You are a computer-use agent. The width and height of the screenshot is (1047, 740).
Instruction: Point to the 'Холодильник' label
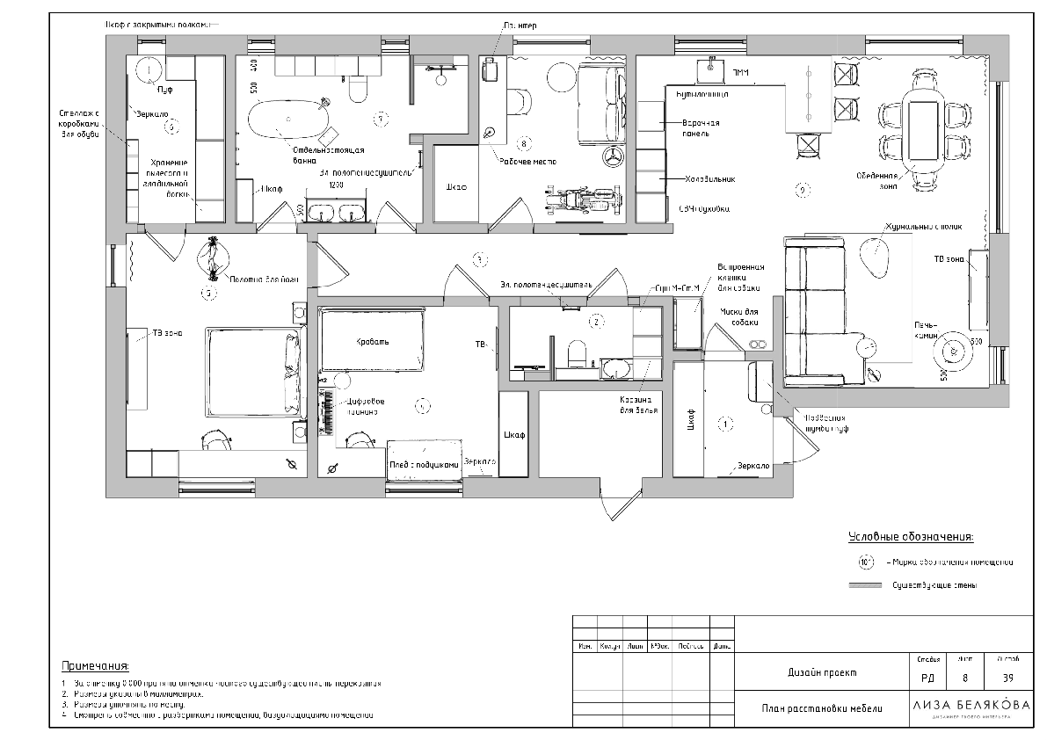[x=711, y=178]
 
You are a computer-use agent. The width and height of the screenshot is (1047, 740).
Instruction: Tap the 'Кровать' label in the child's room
[x=373, y=342]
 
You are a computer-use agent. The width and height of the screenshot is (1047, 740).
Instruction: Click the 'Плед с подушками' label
[x=425, y=466]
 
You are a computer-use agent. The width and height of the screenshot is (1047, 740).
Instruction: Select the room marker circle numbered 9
[x=801, y=188]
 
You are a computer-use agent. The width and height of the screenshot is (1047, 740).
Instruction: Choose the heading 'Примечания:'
[x=95, y=665]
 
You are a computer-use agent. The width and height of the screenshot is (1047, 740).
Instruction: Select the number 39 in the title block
[x=1007, y=678]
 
